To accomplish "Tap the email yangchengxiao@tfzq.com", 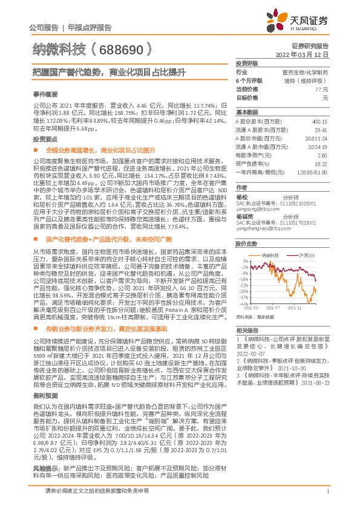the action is (261, 230).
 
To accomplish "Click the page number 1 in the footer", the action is (327, 491).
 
